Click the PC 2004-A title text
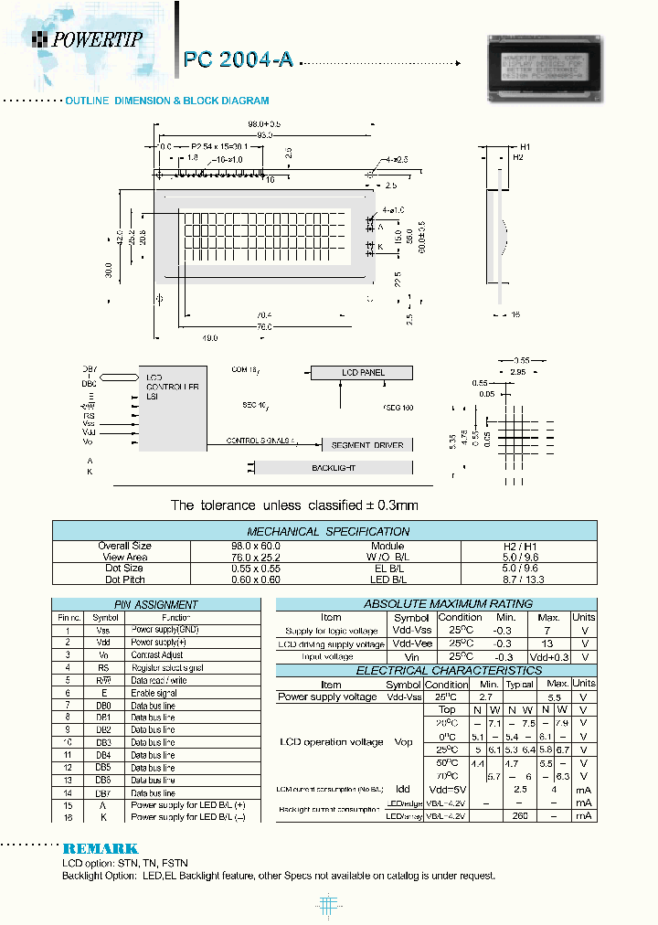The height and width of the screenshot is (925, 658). point(239,59)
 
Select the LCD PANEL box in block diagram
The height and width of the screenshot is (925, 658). point(363,373)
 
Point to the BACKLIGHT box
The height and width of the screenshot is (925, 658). point(333,467)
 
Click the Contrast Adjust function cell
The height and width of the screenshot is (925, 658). point(157,655)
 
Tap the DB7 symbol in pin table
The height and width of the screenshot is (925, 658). point(103,793)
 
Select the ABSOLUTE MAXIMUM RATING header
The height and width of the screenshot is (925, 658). point(435,603)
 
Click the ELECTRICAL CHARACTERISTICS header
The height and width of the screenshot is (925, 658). point(435,670)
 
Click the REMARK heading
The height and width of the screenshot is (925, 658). point(101,848)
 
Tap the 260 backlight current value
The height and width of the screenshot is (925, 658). point(520,815)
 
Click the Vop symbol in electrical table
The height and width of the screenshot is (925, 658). point(403,742)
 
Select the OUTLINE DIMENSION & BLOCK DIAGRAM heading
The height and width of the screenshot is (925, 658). point(166,101)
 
